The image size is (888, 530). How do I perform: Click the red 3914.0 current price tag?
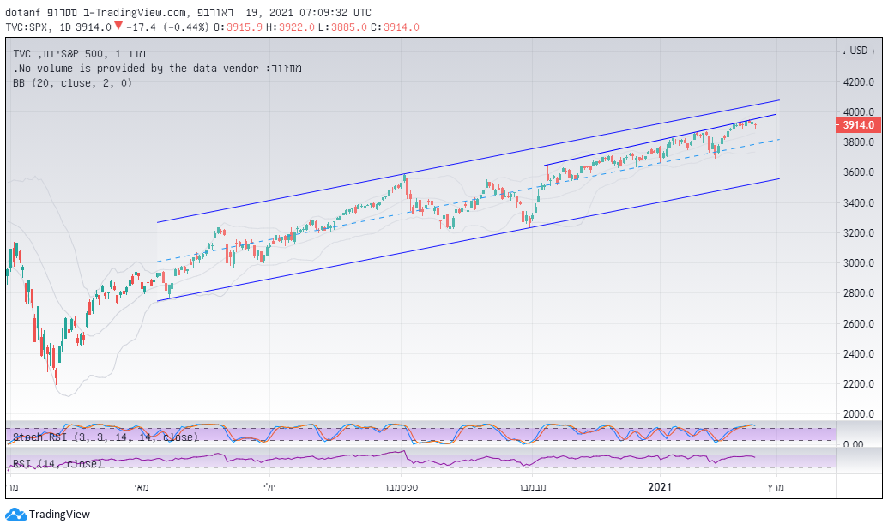point(858,125)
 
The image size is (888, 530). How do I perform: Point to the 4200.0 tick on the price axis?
point(859,82)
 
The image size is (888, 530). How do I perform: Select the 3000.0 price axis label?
point(859,263)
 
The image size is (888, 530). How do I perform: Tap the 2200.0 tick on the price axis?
point(859,384)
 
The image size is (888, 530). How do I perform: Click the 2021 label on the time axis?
point(659,487)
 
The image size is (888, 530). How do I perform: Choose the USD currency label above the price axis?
point(859,51)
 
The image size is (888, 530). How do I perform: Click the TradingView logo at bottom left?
point(47,515)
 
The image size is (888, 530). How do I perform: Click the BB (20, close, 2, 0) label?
point(73,83)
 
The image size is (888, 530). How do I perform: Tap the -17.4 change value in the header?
point(143,27)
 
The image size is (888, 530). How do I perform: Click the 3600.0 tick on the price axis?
point(859,172)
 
